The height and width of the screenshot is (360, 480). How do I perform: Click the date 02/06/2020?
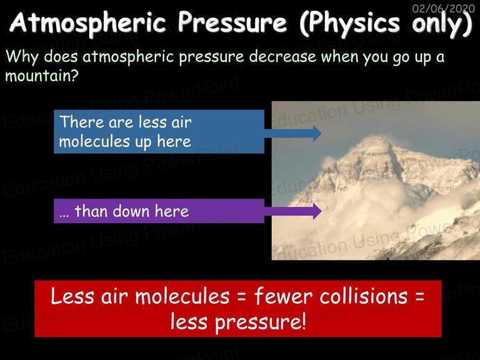tap(444, 8)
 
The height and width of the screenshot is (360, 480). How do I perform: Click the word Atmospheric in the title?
tap(87, 23)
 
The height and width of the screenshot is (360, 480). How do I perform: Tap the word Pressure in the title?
tap(232, 22)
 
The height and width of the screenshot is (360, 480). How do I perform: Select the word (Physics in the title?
tap(349, 24)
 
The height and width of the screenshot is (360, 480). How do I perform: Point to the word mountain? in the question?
tap(42, 75)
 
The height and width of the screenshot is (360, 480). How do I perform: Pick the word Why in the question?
tap(22, 57)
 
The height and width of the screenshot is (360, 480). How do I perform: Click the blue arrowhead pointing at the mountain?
tap(317, 134)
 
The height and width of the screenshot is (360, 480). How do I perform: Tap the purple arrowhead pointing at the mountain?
tap(317, 211)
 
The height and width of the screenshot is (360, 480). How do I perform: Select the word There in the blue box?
tap(82, 122)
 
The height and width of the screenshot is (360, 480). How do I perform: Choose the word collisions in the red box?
tap(364, 296)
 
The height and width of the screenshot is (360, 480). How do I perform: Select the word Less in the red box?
tap(72, 296)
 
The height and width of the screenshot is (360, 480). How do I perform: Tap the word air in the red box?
tap(114, 296)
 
